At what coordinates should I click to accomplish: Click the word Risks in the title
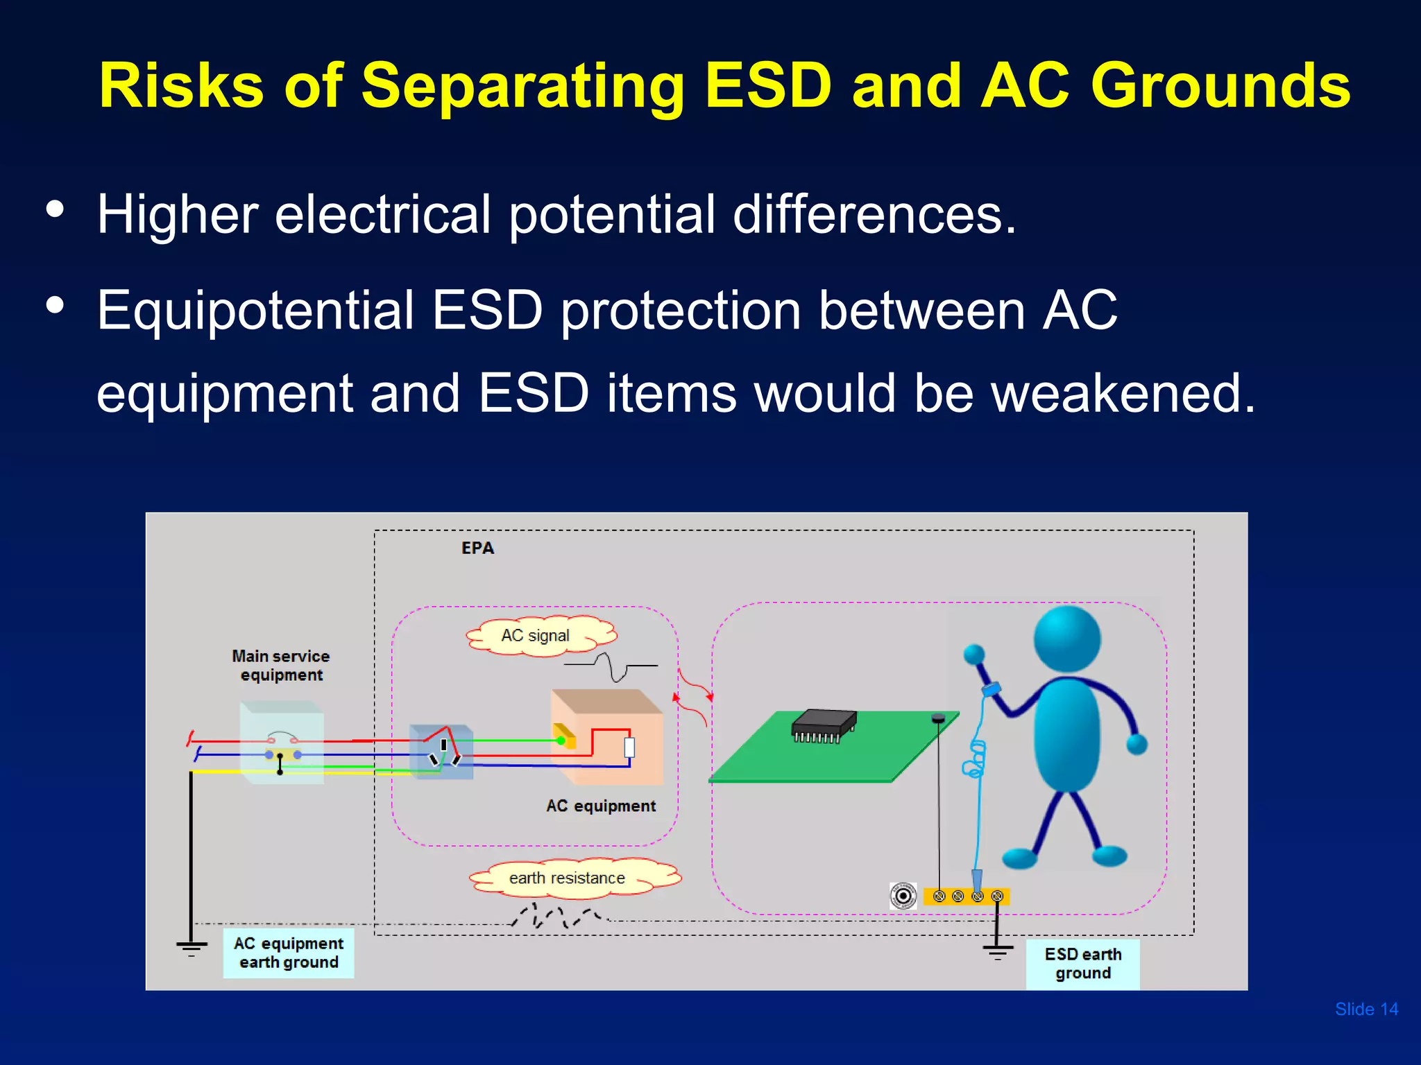point(181,86)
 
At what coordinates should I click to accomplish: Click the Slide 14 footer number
point(1365,1009)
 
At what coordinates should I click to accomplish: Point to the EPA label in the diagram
point(477,548)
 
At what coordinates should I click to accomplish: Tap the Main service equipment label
point(280,665)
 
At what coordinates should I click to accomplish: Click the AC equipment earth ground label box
point(288,953)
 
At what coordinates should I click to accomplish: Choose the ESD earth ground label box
point(1082,964)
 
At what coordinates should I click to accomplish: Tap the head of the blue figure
point(1066,639)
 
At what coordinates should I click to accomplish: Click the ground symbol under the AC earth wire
point(192,948)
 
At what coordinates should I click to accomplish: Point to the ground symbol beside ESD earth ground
point(997,951)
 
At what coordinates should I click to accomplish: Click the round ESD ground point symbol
point(903,896)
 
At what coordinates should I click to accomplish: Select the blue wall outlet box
point(441,752)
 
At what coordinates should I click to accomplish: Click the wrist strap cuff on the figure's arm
point(991,689)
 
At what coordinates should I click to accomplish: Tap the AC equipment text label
point(600,806)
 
